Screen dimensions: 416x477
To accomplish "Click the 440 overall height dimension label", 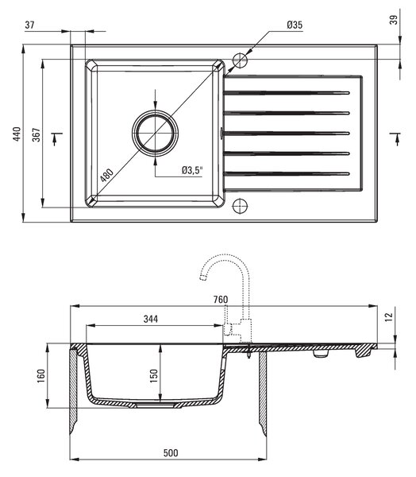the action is click(x=17, y=134).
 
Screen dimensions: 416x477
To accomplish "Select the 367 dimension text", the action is click(x=37, y=135).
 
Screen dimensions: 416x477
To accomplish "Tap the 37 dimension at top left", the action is click(x=29, y=25).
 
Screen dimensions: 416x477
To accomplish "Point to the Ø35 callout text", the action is click(x=295, y=25).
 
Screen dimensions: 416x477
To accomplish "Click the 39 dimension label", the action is click(x=394, y=20).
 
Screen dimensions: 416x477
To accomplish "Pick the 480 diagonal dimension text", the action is click(x=107, y=175).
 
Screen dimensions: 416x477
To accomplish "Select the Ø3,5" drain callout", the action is click(x=192, y=170).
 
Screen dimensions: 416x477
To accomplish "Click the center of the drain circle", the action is click(x=156, y=134).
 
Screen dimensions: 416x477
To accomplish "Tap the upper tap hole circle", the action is click(x=240, y=60).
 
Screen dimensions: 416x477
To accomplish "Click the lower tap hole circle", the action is click(x=240, y=206).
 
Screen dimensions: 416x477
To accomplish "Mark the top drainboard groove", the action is click(x=287, y=93).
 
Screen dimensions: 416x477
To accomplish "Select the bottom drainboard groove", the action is click(x=287, y=174).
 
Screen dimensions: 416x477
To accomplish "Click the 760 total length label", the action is click(x=221, y=300).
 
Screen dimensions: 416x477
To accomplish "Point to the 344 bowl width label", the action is click(x=151, y=319).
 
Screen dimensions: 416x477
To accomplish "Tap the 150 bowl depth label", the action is click(x=154, y=376).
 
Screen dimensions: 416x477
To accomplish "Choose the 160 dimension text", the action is click(x=41, y=376).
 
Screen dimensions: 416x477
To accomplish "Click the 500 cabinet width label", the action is click(x=171, y=453).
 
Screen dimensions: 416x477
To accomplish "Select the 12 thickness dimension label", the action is click(x=389, y=316).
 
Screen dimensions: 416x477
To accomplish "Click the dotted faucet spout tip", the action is click(x=202, y=277).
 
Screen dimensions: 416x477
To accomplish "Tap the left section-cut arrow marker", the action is click(x=56, y=138).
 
